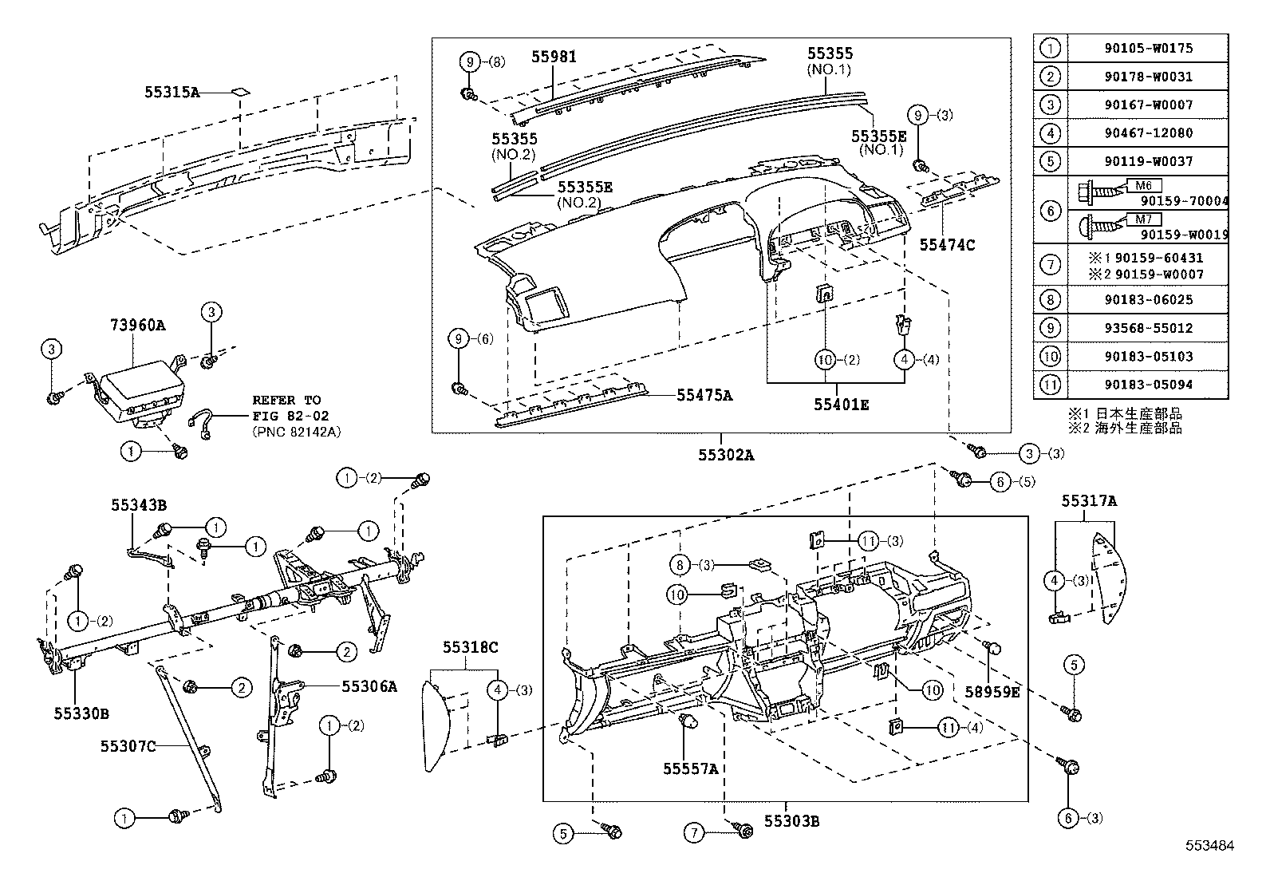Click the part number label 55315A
click(x=172, y=92)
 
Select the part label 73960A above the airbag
click(x=137, y=325)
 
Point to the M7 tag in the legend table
click(x=1143, y=219)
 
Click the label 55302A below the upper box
click(x=725, y=456)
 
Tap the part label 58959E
click(x=992, y=692)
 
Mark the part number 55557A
click(x=690, y=768)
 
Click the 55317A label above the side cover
click(x=1088, y=501)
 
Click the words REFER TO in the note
click(x=286, y=400)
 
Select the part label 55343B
click(x=138, y=504)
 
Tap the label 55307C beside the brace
click(x=127, y=746)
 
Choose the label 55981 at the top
click(x=554, y=57)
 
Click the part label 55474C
click(x=947, y=245)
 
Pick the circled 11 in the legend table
click(x=1051, y=385)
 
